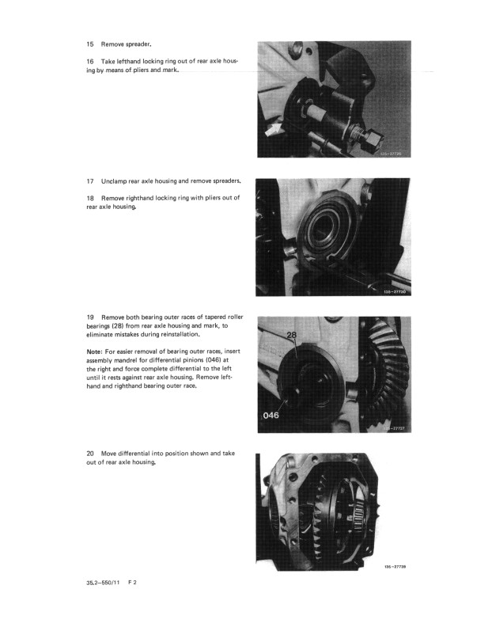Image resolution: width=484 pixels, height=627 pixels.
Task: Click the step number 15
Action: [90, 45]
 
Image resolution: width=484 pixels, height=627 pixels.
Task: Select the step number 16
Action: [90, 61]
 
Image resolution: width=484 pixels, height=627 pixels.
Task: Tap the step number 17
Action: [90, 181]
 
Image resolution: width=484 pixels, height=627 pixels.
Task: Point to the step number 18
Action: [90, 197]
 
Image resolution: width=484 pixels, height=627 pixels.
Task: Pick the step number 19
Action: [90, 317]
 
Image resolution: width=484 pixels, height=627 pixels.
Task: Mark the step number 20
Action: [90, 454]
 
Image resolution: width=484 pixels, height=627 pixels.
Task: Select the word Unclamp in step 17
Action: [116, 181]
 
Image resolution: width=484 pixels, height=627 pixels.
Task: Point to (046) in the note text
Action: [220, 360]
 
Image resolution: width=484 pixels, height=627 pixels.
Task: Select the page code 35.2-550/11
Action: [100, 582]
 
